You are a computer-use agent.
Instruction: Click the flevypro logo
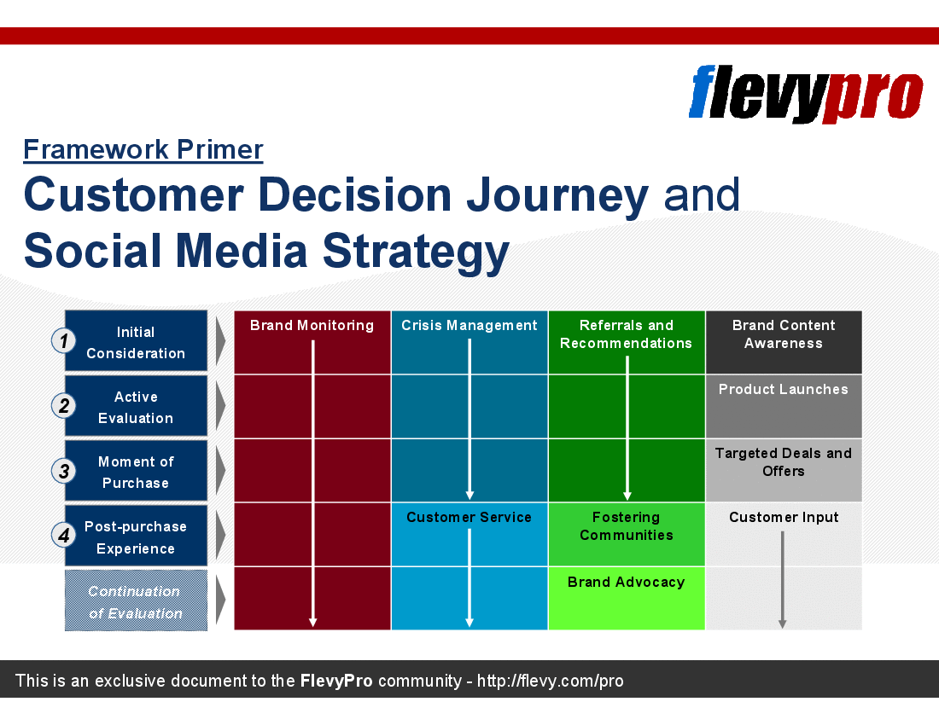[806, 93]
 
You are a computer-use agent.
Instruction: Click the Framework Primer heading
[143, 149]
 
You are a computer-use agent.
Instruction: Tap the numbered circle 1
[63, 341]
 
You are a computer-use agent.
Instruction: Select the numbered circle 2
[63, 405]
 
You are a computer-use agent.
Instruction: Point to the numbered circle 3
[63, 471]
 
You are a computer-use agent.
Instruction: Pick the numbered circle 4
[63, 535]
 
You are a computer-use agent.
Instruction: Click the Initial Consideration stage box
[136, 341]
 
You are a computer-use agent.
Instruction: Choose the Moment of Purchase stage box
[136, 471]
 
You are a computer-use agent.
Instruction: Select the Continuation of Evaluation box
[136, 600]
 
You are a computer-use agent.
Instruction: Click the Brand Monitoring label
[312, 326]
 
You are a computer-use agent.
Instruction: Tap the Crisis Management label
[469, 326]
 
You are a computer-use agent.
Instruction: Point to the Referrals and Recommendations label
[627, 334]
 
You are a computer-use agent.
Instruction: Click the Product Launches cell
[784, 407]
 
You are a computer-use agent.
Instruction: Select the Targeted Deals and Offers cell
[784, 471]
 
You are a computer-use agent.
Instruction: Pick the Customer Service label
[469, 518]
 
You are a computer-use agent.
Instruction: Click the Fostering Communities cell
[627, 534]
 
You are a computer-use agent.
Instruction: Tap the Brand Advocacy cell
[627, 598]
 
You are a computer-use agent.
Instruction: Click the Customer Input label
[784, 518]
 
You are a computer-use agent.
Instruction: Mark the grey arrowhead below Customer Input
[782, 623]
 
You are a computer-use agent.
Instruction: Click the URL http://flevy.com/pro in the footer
[551, 681]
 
